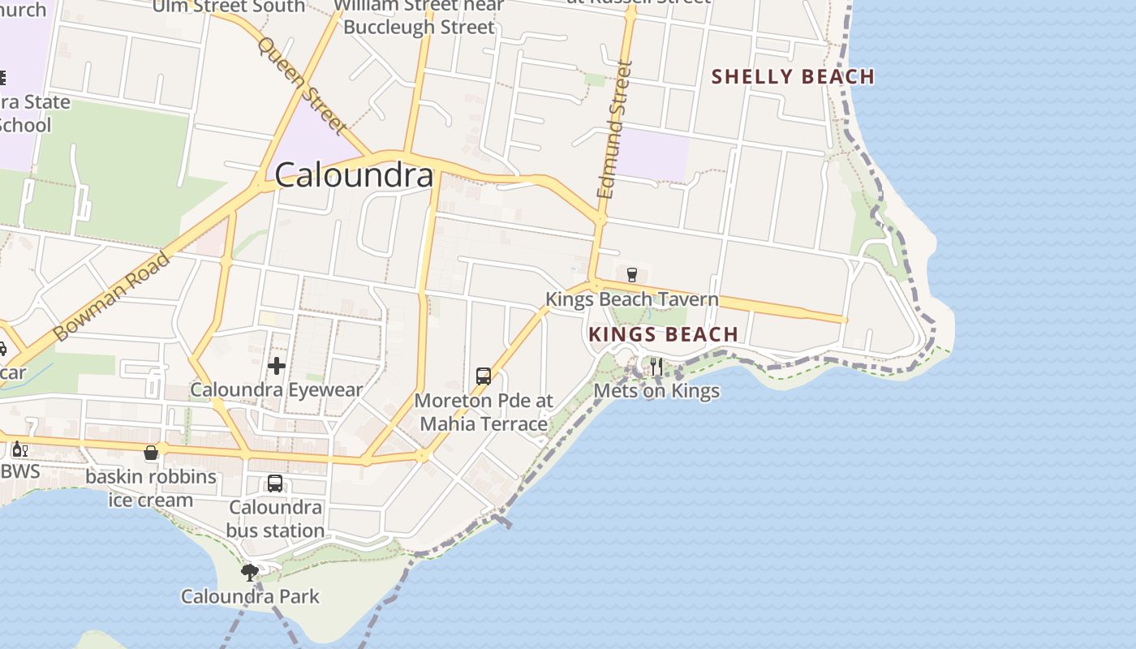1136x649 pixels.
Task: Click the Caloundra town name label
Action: coord(354,175)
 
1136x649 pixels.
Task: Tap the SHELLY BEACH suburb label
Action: coord(793,77)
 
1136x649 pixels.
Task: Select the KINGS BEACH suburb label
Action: coord(663,334)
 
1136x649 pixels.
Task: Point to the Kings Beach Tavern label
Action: coord(631,299)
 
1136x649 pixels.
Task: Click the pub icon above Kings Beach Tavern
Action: coord(632,275)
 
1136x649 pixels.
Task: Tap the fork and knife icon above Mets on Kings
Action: coord(656,367)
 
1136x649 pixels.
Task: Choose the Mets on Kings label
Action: coord(656,391)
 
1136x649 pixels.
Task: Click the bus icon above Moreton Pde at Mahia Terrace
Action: coord(484,376)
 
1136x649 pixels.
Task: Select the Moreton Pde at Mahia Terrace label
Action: coord(484,412)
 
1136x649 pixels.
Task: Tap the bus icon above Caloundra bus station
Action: coord(275,484)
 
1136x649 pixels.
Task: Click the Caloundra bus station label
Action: coord(275,519)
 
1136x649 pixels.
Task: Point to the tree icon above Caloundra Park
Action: coord(250,573)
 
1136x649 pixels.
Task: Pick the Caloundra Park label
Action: coord(250,597)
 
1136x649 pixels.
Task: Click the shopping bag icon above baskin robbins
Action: coord(151,453)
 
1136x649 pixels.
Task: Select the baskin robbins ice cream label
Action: coord(151,488)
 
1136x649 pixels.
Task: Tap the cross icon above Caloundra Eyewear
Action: coord(276,366)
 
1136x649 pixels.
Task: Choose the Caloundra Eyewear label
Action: coord(276,390)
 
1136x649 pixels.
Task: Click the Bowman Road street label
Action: coord(112,296)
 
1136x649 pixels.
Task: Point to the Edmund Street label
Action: coord(614,130)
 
